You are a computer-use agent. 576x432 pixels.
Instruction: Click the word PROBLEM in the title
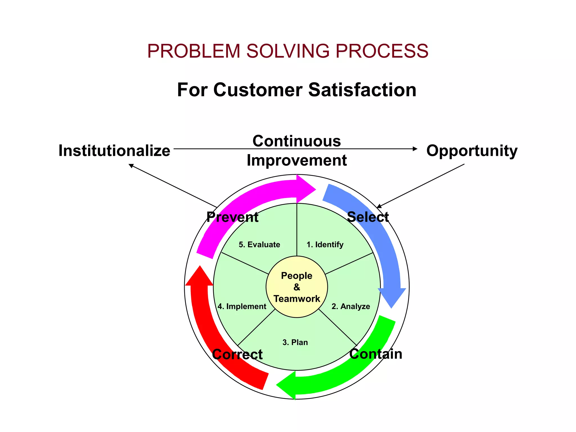(193, 51)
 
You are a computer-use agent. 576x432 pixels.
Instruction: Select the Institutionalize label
(114, 150)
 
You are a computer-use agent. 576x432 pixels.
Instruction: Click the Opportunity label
(472, 151)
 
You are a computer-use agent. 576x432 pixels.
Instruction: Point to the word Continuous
(297, 141)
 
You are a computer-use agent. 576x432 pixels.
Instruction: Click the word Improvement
(297, 160)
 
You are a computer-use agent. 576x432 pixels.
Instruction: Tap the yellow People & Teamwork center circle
(297, 287)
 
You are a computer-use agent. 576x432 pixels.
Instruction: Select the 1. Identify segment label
(325, 244)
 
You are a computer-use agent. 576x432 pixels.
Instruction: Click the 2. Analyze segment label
(350, 306)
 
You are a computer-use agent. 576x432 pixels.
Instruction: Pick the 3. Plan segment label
(295, 342)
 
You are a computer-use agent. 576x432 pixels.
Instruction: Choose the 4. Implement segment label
(242, 306)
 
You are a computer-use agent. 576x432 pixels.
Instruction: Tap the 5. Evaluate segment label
(259, 244)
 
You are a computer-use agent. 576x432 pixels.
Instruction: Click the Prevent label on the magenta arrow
(232, 217)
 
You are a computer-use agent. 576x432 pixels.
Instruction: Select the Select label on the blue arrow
(368, 217)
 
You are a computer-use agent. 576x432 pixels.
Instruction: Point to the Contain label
(376, 354)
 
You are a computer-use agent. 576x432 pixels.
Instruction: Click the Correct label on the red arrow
(237, 354)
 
